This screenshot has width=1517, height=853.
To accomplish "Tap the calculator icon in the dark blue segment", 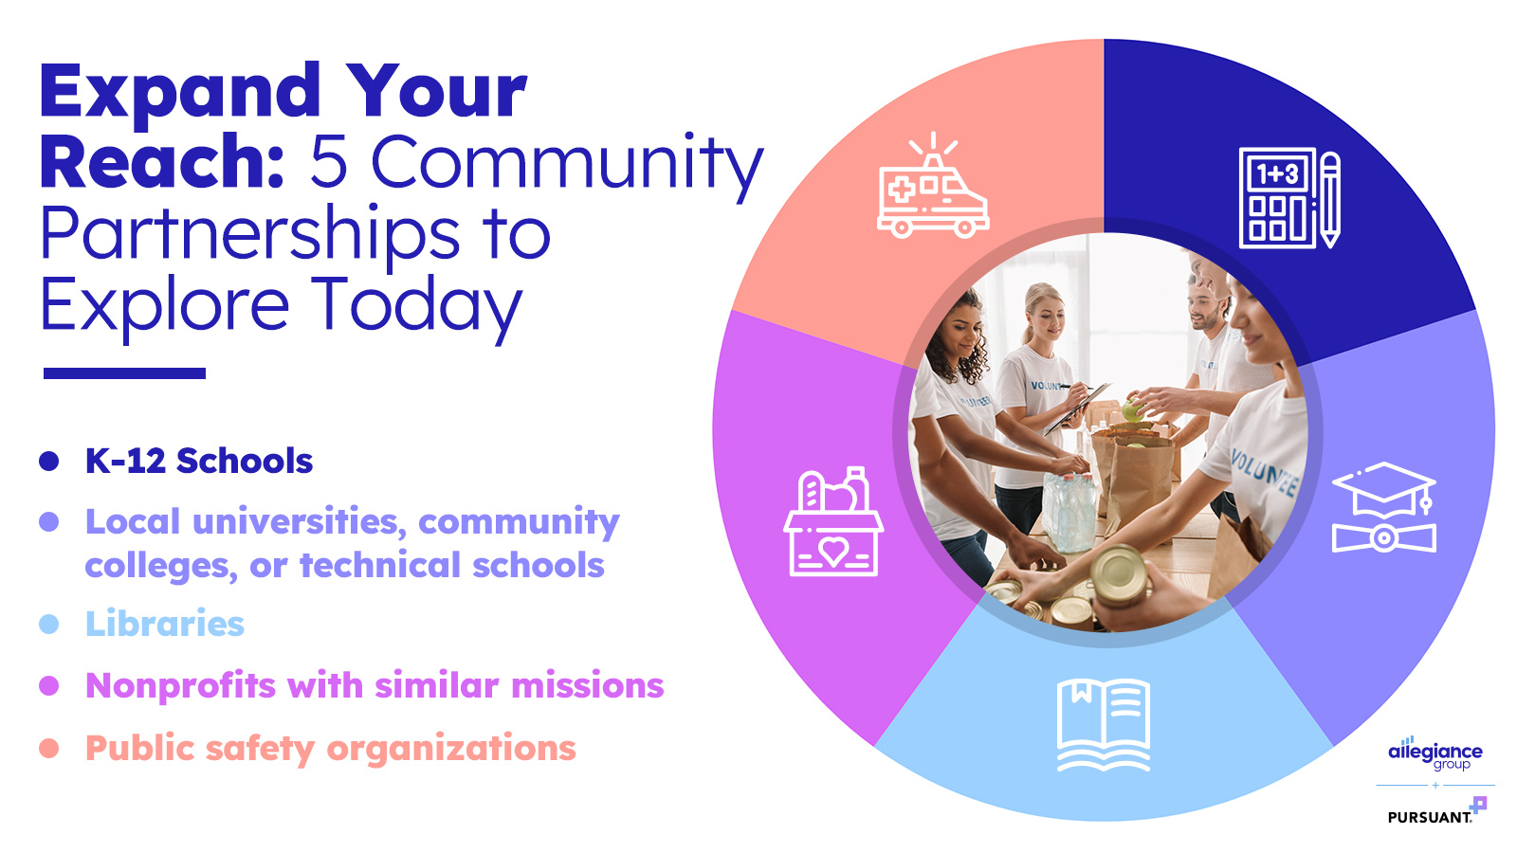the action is pyautogui.click(x=1275, y=198).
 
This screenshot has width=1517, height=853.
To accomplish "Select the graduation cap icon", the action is pyautogui.click(x=1383, y=507).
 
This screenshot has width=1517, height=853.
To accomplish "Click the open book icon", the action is pyautogui.click(x=1104, y=725).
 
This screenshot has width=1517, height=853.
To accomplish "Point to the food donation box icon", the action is pyautogui.click(x=833, y=521).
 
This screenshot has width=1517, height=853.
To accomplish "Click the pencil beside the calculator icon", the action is pyautogui.click(x=1330, y=200).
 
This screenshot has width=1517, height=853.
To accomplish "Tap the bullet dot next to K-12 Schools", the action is pyautogui.click(x=48, y=461).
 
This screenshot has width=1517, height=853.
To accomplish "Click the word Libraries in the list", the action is pyautogui.click(x=165, y=624).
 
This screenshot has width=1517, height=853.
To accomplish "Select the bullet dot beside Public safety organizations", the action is pyautogui.click(x=48, y=748).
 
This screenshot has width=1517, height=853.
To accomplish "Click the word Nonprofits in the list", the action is pyautogui.click(x=180, y=685).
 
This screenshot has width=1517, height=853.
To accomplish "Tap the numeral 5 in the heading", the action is pyautogui.click(x=328, y=162).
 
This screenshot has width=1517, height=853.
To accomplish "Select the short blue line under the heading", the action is pyautogui.click(x=124, y=373).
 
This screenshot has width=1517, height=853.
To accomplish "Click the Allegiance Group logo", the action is pyautogui.click(x=1435, y=753).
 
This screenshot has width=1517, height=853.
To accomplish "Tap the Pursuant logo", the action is pyautogui.click(x=1436, y=811).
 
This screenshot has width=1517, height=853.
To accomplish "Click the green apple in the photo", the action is pyautogui.click(x=1132, y=409).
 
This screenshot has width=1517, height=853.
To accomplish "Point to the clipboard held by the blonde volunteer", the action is pyautogui.click(x=1077, y=408).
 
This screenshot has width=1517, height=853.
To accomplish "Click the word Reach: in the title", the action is pyautogui.click(x=162, y=162).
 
